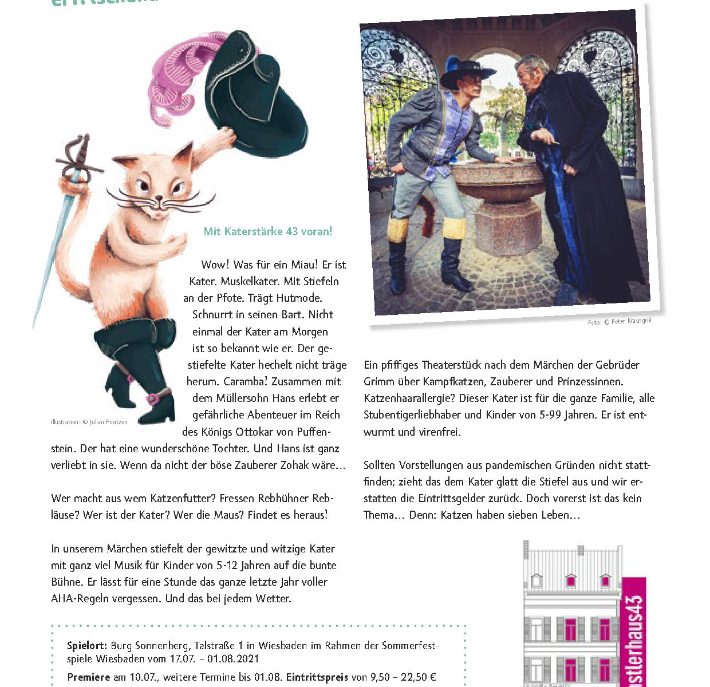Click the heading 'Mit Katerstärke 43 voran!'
267,232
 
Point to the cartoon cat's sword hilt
79,160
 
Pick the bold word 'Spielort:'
87,646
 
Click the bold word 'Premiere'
89,677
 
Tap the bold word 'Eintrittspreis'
317,677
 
